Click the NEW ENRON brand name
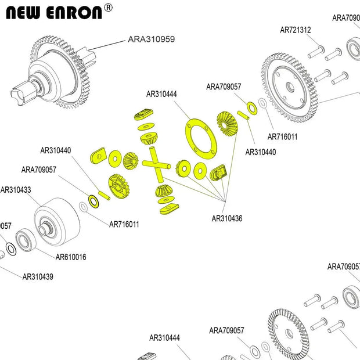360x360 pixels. (x=53, y=13)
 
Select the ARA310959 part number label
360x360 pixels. (x=151, y=39)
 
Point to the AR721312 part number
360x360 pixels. (x=296, y=30)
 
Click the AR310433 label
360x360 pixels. (x=16, y=189)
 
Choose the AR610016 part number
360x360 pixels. (x=71, y=257)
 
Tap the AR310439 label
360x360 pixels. (x=38, y=277)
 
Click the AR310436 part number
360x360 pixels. (x=227, y=219)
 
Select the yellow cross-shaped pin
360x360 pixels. (x=156, y=165)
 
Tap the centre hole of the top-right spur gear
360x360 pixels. (x=289, y=87)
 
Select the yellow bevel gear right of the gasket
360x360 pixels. (x=225, y=124)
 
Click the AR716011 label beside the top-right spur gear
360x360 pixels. (x=282, y=137)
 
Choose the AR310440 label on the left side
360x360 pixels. (x=56, y=150)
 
